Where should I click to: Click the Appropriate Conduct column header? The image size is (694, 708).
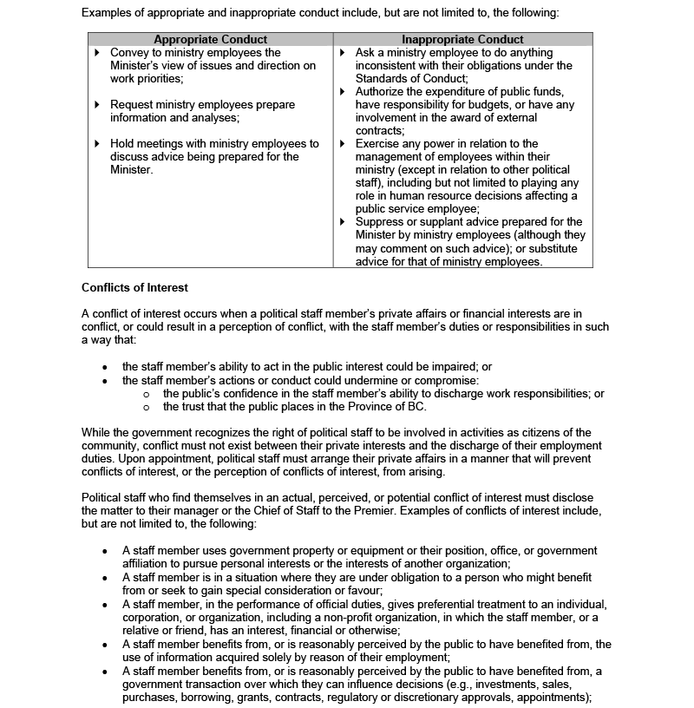click(x=210, y=39)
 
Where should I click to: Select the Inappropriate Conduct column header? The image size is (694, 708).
click(x=462, y=39)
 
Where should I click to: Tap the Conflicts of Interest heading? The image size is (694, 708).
click(x=134, y=287)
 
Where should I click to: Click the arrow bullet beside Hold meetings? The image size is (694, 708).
click(x=97, y=144)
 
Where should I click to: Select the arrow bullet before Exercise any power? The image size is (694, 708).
click(x=344, y=144)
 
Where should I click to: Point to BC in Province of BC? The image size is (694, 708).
click(x=418, y=406)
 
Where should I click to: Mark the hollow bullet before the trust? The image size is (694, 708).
click(x=147, y=407)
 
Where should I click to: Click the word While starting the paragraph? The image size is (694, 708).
click(x=97, y=432)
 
